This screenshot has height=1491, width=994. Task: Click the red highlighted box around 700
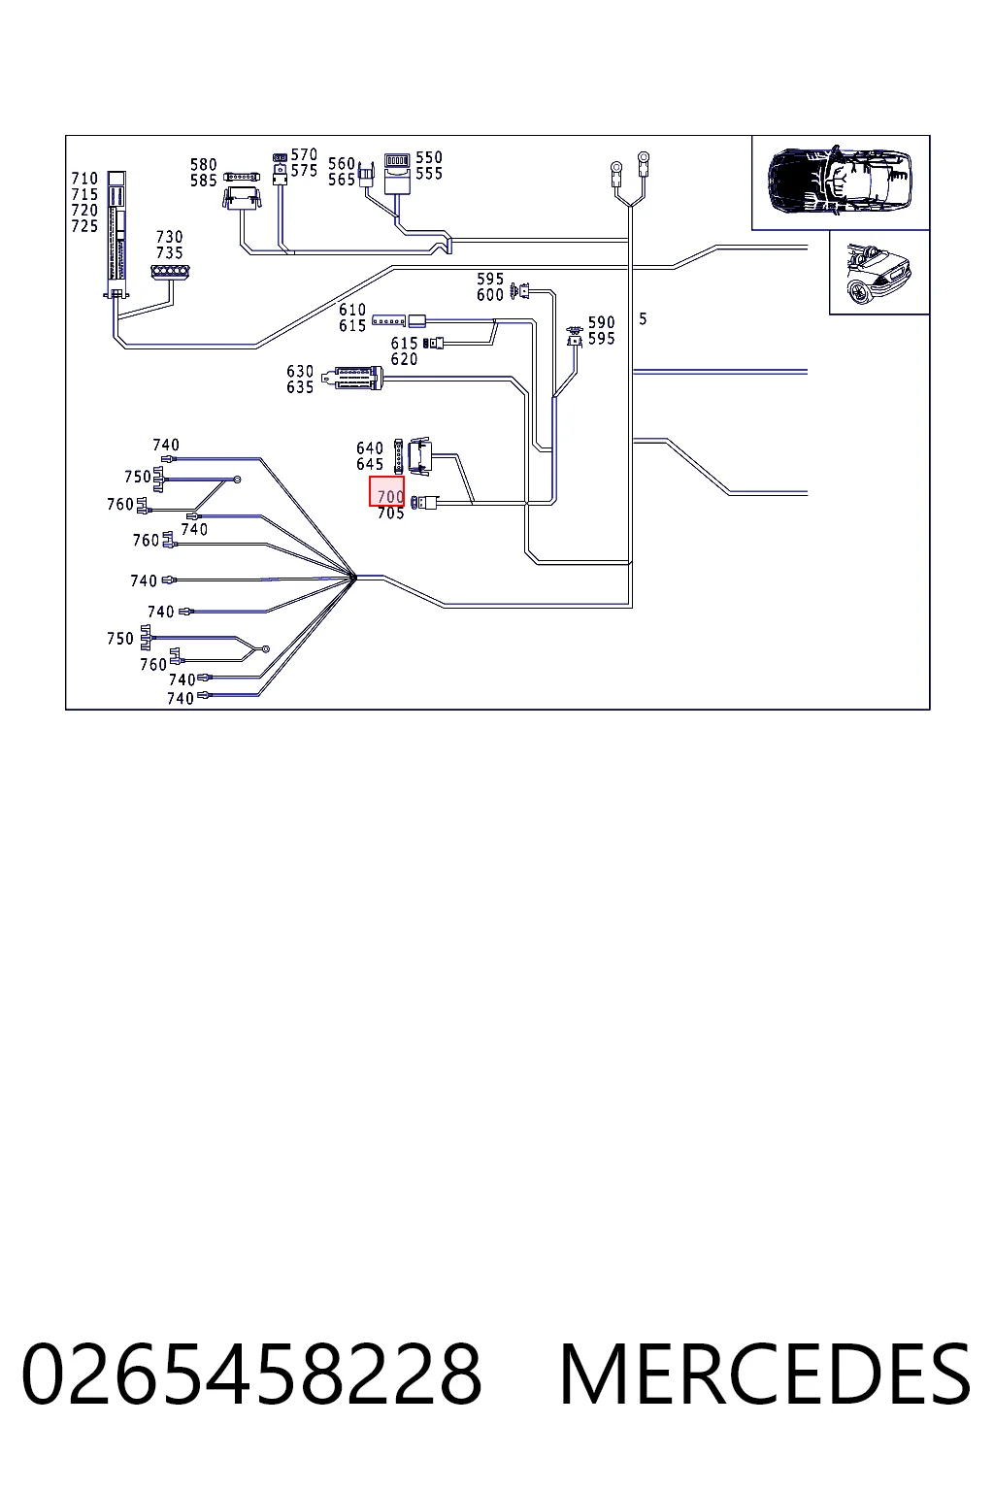pos(386,491)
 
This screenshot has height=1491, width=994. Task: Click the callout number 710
pos(84,179)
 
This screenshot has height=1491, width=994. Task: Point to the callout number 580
pos(204,164)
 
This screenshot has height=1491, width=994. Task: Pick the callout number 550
pos(429,158)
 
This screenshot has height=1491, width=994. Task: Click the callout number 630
pos(300,372)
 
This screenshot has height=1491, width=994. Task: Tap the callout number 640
pos(370,447)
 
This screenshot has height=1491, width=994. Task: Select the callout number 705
pos(391,514)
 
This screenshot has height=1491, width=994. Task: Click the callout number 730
pos(169,237)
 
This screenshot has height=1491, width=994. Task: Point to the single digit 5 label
pos(643,318)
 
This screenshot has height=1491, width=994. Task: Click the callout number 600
pos(490,295)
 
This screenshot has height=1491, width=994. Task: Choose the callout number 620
pos(404,359)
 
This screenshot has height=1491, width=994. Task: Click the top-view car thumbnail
pos(841,182)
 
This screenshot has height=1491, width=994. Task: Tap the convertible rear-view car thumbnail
pos(878,274)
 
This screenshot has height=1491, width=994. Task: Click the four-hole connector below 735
pos(171,272)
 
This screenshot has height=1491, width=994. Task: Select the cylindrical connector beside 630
pos(352,378)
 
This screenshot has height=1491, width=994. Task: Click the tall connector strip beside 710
pos(116,234)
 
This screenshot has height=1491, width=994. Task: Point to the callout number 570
pos(304,155)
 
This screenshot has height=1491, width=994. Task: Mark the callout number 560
pos(342,164)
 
